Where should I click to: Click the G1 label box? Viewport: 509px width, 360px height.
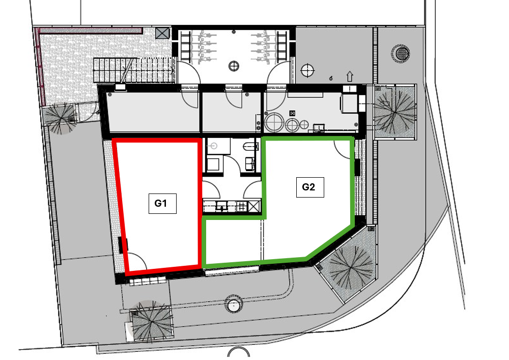pos(162,204)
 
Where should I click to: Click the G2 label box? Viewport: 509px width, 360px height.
pos(310,187)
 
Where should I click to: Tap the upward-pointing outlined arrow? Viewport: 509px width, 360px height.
pos(350,76)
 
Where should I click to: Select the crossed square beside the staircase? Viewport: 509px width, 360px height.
pos(162,33)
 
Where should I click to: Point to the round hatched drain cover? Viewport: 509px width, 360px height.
pos(401,52)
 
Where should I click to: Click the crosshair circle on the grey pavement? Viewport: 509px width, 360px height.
pos(307,70)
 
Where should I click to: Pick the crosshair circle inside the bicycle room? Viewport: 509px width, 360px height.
pos(234,66)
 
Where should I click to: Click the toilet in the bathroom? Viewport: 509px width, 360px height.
pos(250,147)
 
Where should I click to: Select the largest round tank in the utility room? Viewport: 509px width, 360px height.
pos(274,123)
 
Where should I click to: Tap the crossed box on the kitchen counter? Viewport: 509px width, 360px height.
pos(254,206)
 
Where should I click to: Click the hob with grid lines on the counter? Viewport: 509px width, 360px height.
pos(241,206)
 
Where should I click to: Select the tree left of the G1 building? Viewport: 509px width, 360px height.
pos(61,119)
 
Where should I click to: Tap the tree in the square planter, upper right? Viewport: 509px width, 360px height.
pos(395,112)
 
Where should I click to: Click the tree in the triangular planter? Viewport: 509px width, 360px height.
pos(351,268)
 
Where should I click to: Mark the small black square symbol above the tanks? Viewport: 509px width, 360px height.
pos(292,113)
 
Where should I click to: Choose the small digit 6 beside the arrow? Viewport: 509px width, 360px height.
pos(331,78)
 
